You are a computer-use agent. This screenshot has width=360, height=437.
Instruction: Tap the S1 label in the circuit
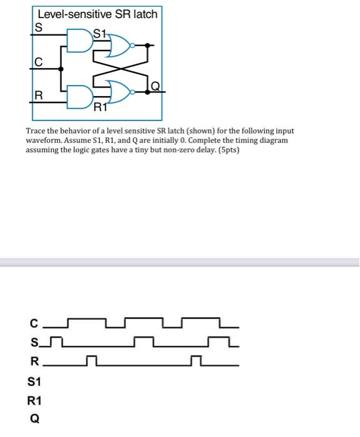point(100,32)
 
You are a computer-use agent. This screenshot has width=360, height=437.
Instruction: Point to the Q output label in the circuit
point(155,84)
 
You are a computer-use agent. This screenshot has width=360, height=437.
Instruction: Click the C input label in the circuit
point(38,62)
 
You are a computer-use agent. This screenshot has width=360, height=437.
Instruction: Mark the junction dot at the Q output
point(148,91)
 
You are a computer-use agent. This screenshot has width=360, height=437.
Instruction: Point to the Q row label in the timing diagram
point(35,419)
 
